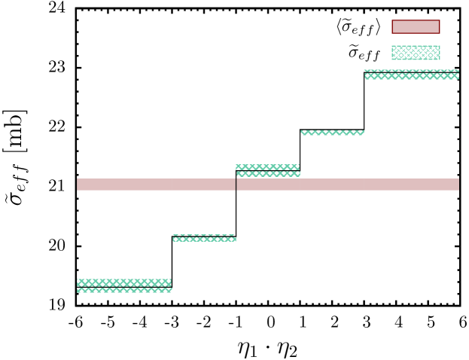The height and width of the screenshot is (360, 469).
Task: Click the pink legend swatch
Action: (416, 27)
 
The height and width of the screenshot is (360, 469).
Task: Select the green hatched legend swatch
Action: (416, 53)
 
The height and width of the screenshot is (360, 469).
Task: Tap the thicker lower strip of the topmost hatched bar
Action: (411, 76)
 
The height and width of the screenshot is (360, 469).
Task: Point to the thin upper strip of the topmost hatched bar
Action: (411, 71)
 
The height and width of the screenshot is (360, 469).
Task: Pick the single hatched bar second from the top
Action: (332, 133)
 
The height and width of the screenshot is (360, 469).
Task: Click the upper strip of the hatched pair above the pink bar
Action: (267, 167)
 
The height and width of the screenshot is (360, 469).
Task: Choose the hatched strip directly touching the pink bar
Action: (268, 174)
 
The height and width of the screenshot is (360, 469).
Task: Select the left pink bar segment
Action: (156, 185)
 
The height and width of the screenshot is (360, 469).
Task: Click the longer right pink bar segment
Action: (348, 185)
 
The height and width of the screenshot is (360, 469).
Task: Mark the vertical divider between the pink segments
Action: (236, 185)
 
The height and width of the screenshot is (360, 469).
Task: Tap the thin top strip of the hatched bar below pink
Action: (203, 235)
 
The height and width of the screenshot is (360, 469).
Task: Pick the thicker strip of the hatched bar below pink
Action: (204, 239)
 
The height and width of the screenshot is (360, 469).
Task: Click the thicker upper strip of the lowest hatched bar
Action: (123, 282)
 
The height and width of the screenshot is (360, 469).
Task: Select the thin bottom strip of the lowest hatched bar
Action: (124, 290)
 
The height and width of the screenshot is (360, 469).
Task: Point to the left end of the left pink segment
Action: (78, 185)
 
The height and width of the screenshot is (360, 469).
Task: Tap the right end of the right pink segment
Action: (458, 185)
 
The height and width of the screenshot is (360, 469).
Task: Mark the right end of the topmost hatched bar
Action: (458, 75)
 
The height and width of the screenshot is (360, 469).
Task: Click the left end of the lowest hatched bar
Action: (78, 285)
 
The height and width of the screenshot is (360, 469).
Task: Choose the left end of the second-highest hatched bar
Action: (302, 133)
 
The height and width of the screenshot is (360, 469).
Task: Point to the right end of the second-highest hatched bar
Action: (363, 133)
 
